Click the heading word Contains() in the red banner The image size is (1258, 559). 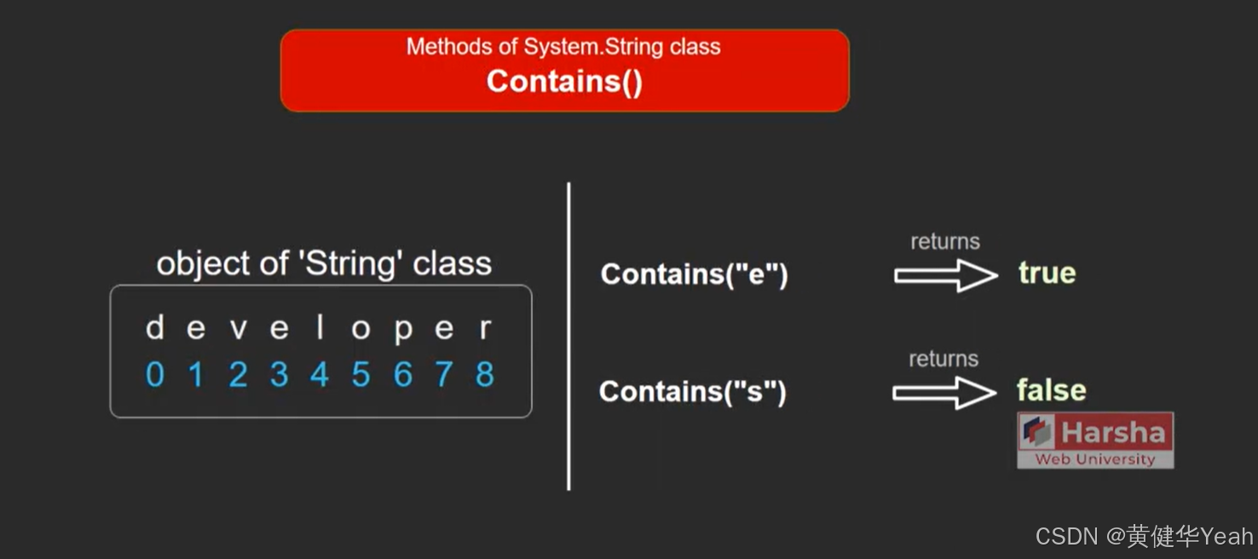(x=564, y=82)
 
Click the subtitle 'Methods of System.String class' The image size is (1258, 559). (x=563, y=46)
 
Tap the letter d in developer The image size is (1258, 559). (x=154, y=328)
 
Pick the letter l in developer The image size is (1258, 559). (x=320, y=328)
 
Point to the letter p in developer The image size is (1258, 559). (x=402, y=331)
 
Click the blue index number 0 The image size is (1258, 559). (x=154, y=375)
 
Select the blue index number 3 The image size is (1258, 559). (x=279, y=375)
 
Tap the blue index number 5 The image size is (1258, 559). (x=361, y=375)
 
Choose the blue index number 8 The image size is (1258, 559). (x=485, y=375)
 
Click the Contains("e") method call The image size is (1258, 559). (x=694, y=274)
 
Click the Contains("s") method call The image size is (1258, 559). (x=692, y=392)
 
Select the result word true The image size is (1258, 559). (x=1047, y=274)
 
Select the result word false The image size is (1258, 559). (x=1051, y=390)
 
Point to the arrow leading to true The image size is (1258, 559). (x=945, y=275)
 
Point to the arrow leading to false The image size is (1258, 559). (x=943, y=393)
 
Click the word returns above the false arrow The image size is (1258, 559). (x=943, y=359)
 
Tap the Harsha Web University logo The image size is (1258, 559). (x=1095, y=440)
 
